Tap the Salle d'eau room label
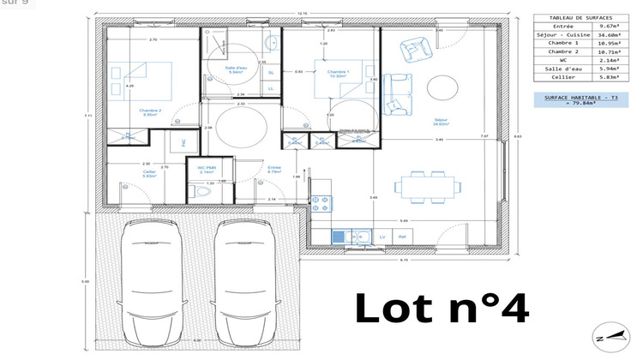[236, 69]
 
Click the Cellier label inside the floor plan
[126, 173]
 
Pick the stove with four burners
[321, 203]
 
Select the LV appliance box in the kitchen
[382, 235]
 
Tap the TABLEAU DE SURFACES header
[575, 16]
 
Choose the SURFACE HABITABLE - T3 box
[575, 101]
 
